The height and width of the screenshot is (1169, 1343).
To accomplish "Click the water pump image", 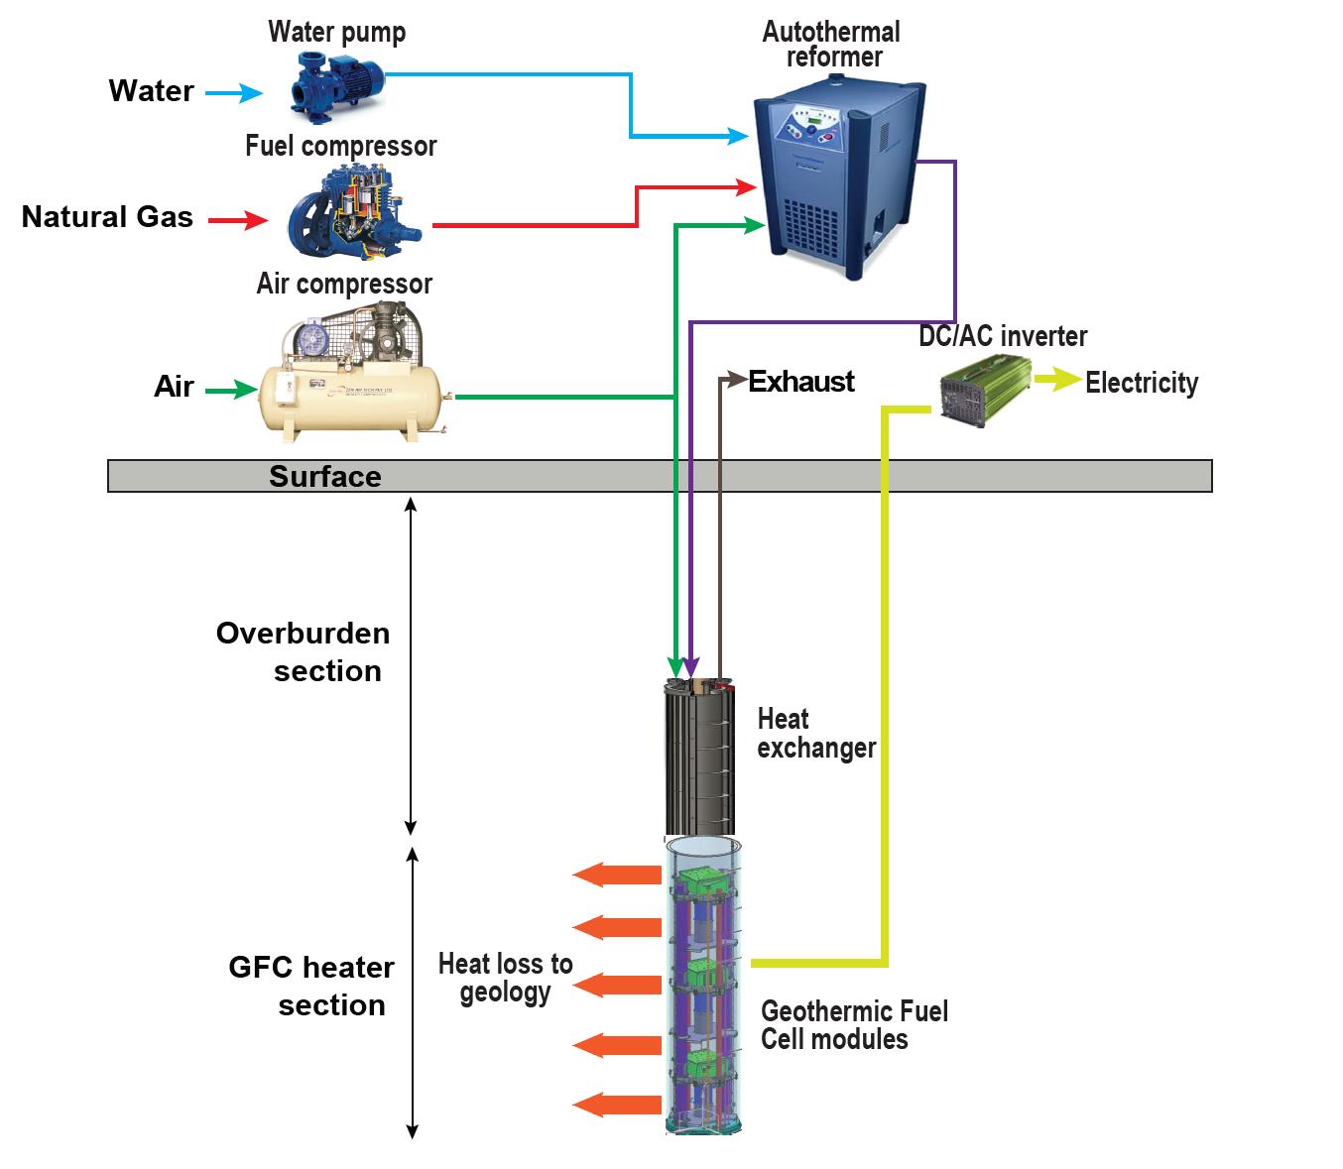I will [x=337, y=83].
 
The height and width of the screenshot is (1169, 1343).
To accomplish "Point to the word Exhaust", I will [x=801, y=382].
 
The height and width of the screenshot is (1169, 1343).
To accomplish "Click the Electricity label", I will [x=1141, y=383].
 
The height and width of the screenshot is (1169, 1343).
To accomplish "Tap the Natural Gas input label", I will [x=107, y=217].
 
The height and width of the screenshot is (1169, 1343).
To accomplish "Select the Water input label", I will [x=151, y=91].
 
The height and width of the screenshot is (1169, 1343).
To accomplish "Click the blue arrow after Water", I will [x=234, y=93].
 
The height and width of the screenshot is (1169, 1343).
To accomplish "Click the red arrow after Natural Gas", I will [x=238, y=220].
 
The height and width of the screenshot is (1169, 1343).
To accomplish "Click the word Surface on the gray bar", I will [x=324, y=477].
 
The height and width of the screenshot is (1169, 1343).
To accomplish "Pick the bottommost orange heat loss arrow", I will [x=617, y=1105].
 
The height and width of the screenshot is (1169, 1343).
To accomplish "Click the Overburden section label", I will [x=304, y=651].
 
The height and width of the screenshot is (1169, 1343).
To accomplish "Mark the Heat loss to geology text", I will [x=505, y=978].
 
